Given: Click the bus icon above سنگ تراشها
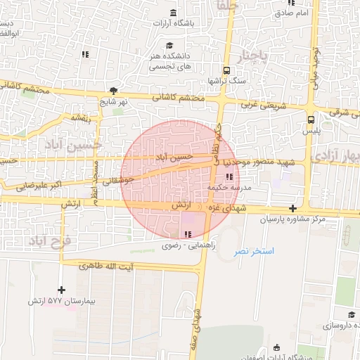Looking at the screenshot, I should point(226,70).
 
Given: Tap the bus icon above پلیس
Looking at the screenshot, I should point(311,120).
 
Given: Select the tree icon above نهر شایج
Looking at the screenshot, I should point(113,91).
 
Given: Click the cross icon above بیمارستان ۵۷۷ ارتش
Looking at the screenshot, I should point(62,290).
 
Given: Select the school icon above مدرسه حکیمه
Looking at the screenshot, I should point(229,176).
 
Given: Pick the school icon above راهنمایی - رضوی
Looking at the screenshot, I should point(187,234).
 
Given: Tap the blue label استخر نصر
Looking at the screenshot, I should point(254,251).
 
